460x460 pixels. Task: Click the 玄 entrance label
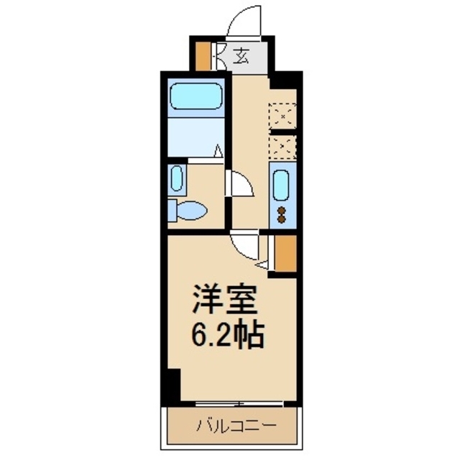point(242,55)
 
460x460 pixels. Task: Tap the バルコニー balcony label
point(236,426)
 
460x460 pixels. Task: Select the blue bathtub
point(195,95)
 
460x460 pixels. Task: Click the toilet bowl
point(190,211)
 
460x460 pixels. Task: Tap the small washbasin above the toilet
point(177,179)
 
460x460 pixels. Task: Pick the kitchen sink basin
point(280,184)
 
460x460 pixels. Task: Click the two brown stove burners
point(281,214)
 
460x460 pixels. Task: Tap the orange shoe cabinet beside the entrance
point(203,55)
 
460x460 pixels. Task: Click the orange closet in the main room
point(284,252)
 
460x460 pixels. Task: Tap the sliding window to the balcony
point(237,404)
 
